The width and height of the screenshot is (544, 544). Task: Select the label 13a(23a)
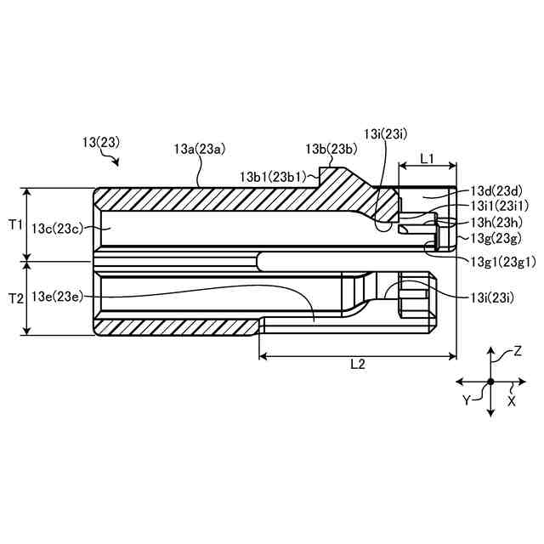[x=199, y=149]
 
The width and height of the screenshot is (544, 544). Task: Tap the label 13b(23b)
[x=331, y=149]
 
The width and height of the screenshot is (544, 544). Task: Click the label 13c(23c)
[x=57, y=228]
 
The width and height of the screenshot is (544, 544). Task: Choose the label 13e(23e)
[x=57, y=296]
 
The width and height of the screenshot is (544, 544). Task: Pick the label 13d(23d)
[x=496, y=191]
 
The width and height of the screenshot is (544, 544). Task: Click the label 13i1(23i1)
[x=500, y=206]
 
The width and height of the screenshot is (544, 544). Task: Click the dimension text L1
[x=428, y=159]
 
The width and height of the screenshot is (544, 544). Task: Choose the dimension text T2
[x=15, y=298]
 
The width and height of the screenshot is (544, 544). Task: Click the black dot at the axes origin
[x=490, y=382]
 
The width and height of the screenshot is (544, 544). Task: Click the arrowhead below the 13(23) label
[x=118, y=161]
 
